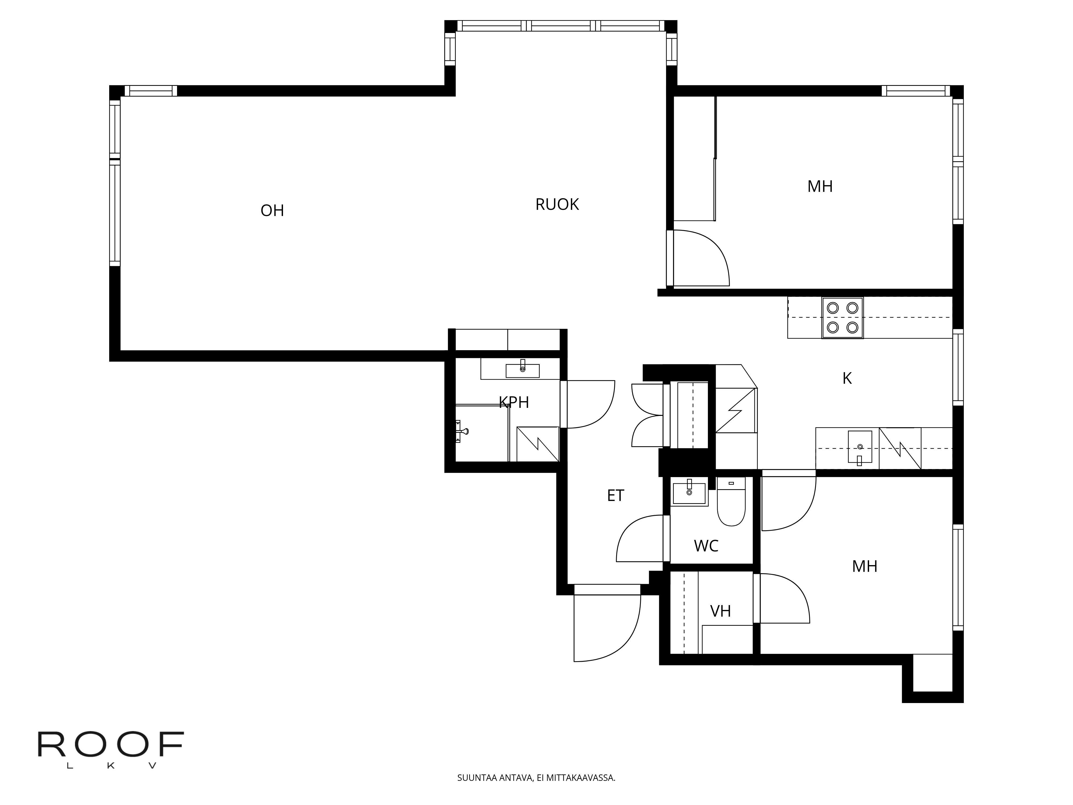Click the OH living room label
pos(272,211)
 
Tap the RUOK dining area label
pos(557,204)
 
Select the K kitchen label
pos(847,378)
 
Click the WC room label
pos(706,546)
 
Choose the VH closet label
pos(720,611)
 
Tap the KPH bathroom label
pos(514,402)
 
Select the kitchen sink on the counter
pos(859,447)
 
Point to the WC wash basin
pos(689,493)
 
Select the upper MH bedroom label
pos(820,186)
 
